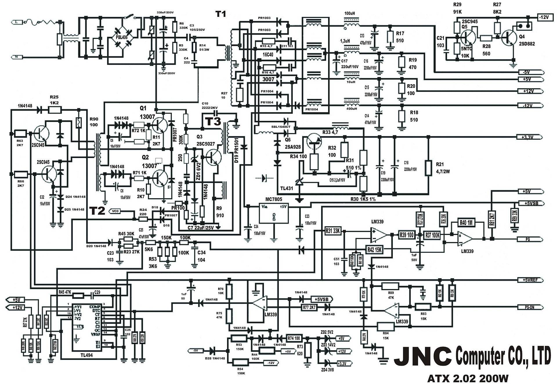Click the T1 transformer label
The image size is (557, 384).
pyautogui.click(x=220, y=14)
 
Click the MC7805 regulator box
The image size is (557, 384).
pyautogui.click(x=274, y=213)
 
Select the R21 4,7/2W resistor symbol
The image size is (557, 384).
pyautogui.click(x=428, y=168)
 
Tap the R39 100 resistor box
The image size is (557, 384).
pyautogui.click(x=407, y=235)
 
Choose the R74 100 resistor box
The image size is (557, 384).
pyautogui.click(x=294, y=338)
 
